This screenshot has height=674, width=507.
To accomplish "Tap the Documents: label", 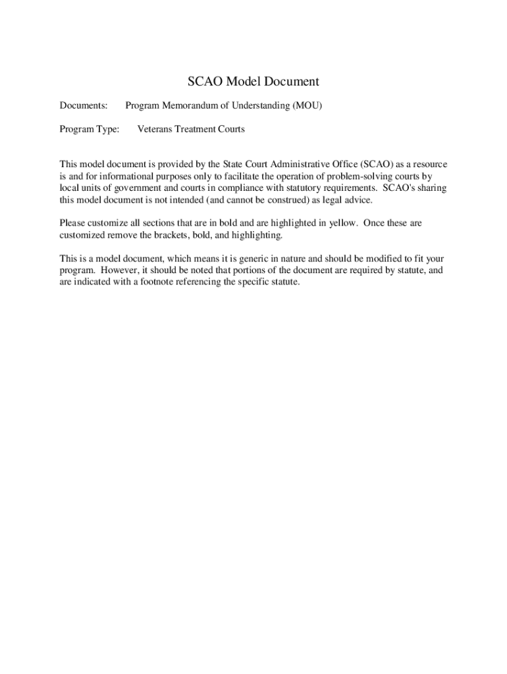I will coord(84,105).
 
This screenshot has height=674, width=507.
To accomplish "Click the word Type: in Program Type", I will coord(107,129).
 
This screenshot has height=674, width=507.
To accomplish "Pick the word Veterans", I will coord(154,129).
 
